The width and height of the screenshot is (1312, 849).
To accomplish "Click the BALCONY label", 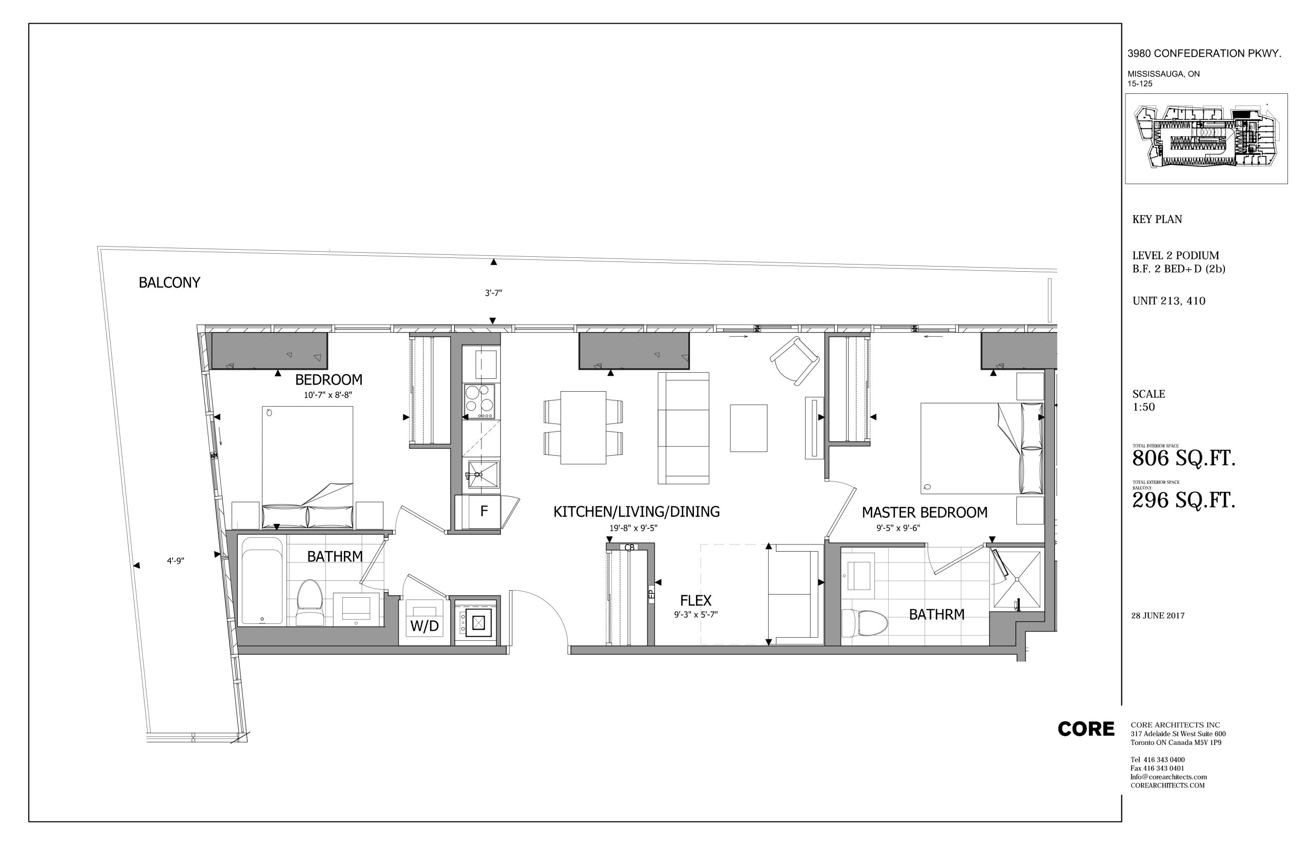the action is click(x=169, y=282).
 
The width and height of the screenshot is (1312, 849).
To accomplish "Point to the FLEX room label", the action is click(x=695, y=600).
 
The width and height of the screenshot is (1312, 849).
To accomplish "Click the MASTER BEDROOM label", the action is click(x=925, y=513).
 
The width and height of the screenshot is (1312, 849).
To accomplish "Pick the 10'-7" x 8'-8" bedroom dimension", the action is click(x=327, y=395).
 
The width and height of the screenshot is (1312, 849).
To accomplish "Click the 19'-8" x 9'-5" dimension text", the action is click(x=633, y=528).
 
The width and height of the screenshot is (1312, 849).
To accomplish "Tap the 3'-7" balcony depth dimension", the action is click(x=493, y=293).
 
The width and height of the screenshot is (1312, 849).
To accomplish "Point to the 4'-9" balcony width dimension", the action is click(x=175, y=561).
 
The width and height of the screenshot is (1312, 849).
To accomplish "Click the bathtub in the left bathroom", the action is click(x=262, y=581).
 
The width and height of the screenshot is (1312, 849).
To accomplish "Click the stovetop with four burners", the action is click(x=480, y=401).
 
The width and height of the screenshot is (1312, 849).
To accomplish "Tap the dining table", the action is click(x=583, y=427).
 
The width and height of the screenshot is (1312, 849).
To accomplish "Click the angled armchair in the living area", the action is click(x=794, y=361).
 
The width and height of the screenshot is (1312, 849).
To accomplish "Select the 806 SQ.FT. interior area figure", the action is click(x=1183, y=458).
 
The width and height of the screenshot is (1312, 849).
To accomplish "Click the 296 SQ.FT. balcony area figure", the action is click(x=1183, y=500).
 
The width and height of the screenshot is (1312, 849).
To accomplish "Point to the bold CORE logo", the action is click(x=1085, y=730).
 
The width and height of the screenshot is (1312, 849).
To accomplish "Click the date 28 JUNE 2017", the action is click(x=1158, y=616).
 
